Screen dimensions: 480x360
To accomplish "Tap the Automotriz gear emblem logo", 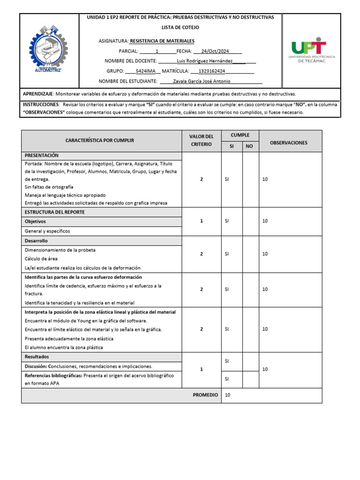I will click(x=49, y=51).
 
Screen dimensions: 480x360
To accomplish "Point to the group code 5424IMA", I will click(x=145, y=71).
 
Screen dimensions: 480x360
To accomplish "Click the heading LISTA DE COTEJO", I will click(x=180, y=28).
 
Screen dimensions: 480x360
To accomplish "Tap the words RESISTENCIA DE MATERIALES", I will click(x=162, y=41).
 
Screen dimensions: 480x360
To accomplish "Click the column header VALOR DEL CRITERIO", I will click(x=201, y=141).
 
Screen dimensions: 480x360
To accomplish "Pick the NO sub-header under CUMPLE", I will click(x=249, y=146).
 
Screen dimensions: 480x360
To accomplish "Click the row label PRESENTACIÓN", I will click(x=42, y=155).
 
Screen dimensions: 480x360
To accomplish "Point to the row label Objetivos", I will click(x=35, y=221).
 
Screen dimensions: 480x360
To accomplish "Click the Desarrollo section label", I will click(x=36, y=240).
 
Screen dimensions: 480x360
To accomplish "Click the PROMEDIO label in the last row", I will click(x=205, y=395).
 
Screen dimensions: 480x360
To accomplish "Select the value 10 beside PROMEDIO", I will click(x=228, y=395).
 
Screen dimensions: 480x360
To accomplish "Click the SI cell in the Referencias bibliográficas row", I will click(x=227, y=379).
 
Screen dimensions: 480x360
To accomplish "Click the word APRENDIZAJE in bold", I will click(x=38, y=94).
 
